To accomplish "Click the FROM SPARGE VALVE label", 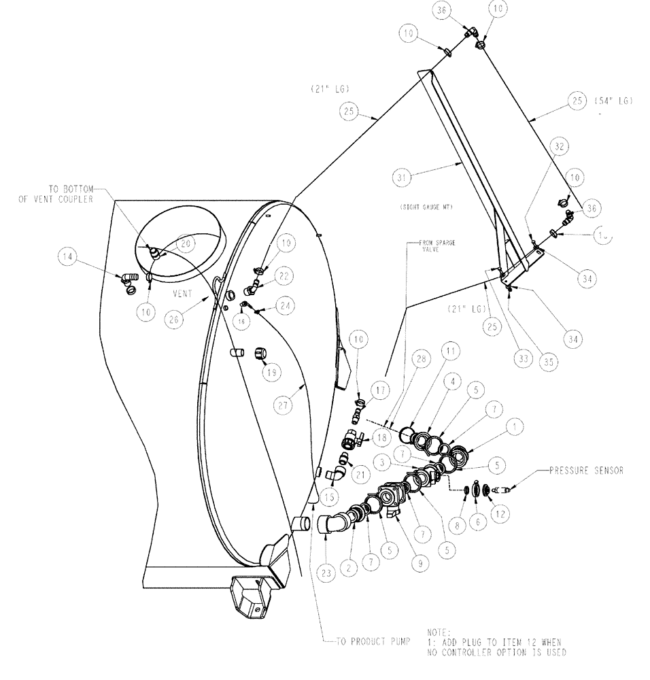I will click(x=424, y=245).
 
